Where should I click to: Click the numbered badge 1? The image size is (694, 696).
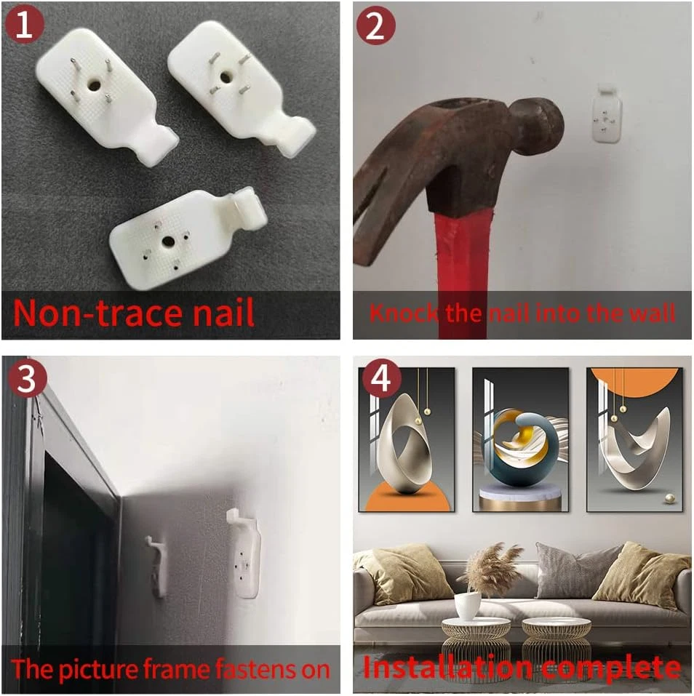25,24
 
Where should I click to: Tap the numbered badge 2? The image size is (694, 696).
375,25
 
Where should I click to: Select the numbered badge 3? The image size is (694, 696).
27,378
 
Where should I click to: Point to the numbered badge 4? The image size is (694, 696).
381,378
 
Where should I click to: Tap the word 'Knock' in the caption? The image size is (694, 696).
404,313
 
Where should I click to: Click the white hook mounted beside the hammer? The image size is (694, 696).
607,115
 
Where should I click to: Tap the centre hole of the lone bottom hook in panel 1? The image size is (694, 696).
168,242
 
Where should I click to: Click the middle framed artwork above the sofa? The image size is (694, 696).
520,439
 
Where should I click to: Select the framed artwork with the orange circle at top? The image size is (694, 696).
634,439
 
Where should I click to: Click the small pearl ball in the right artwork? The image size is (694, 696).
669,500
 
